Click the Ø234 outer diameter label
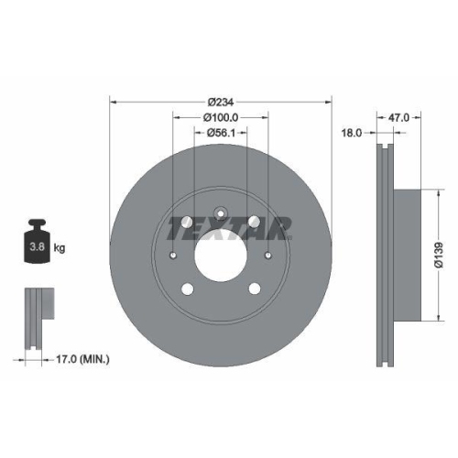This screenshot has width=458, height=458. pos(220,101)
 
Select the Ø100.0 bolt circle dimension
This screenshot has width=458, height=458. pos(220,117)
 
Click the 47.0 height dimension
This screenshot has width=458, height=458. pos(399,117)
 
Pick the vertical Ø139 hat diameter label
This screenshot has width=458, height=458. pos(440,256)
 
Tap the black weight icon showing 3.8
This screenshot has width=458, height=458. pos(37,243)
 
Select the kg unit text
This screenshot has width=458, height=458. pos(60,247)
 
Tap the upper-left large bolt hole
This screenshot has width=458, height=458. pos(187,222)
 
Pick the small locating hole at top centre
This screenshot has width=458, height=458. pos(220,213)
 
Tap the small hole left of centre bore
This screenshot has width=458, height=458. pos(173,256)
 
